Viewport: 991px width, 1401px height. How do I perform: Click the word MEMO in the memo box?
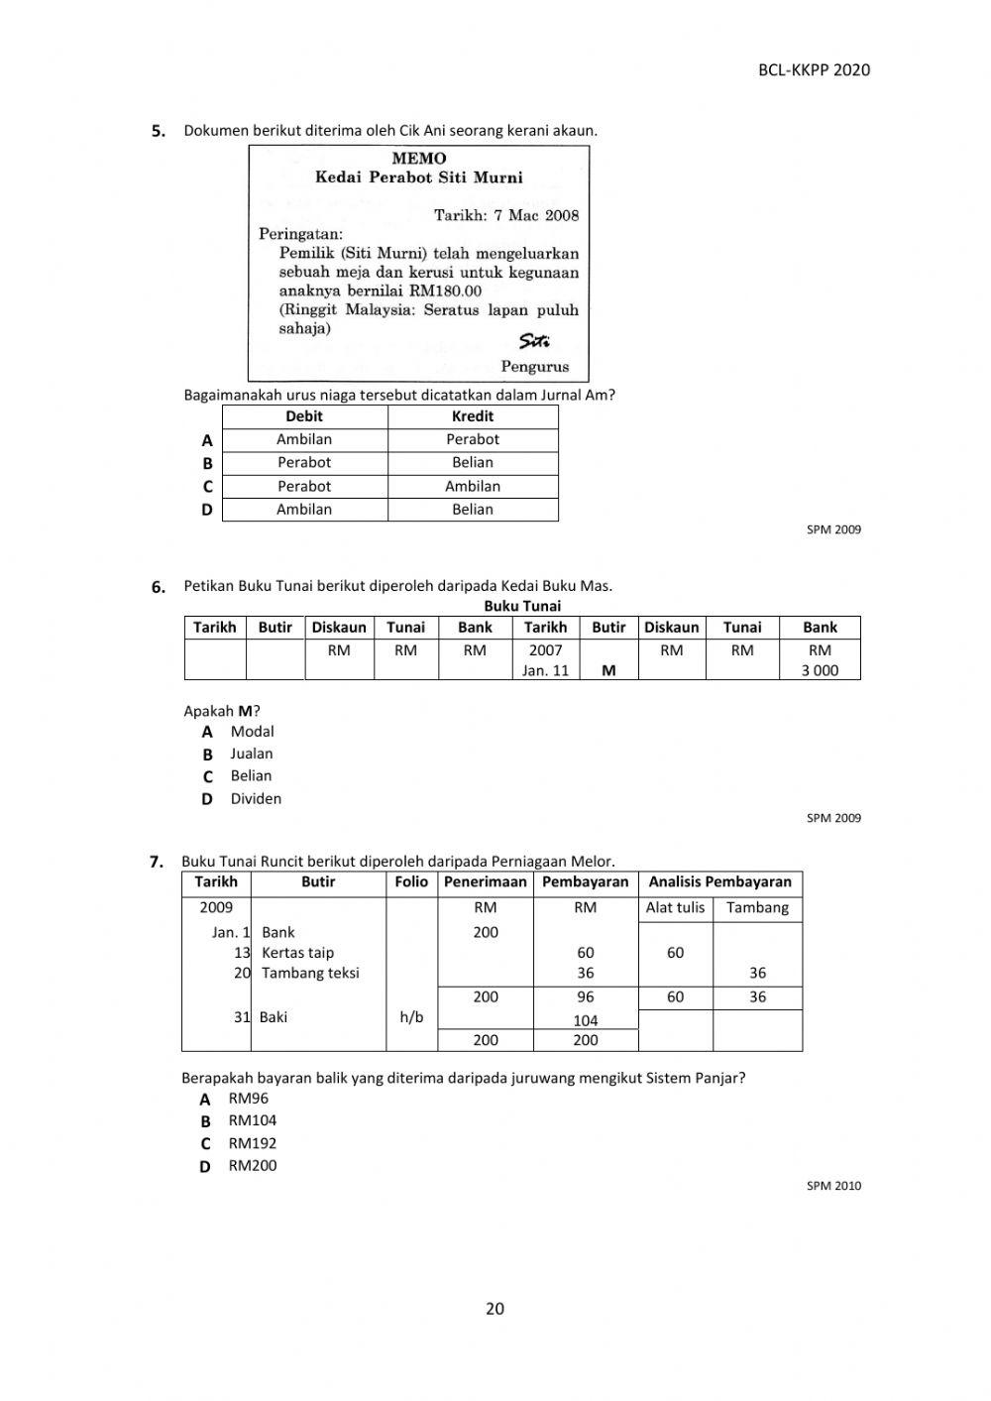coord(418,159)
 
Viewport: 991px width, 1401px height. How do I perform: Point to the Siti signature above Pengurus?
coord(534,342)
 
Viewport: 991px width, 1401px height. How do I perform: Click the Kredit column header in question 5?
coord(473,416)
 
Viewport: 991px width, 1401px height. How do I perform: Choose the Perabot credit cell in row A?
coord(473,439)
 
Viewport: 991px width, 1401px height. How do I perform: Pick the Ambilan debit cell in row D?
coord(304,510)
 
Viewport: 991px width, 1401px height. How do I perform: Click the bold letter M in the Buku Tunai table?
coord(608,670)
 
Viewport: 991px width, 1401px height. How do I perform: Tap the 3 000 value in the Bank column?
coord(820,670)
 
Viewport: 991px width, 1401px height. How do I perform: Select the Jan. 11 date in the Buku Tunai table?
coord(545,670)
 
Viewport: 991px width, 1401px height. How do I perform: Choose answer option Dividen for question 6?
coord(256,798)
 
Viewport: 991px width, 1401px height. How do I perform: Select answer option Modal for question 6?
coord(252,732)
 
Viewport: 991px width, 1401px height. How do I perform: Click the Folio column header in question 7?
coord(411,881)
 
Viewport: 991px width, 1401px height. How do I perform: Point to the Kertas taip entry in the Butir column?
coord(297,953)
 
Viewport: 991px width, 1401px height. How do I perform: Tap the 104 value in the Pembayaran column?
coord(586,1020)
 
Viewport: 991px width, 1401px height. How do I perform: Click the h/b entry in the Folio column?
coord(411,1017)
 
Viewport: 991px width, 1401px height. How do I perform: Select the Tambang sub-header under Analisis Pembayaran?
coord(757,907)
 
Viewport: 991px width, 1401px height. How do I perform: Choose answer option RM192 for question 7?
coord(253,1143)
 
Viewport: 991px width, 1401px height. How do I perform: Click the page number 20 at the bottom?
coord(495,1309)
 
